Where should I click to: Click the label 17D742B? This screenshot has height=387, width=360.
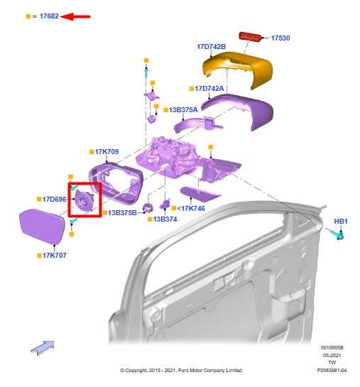click(x=211, y=46)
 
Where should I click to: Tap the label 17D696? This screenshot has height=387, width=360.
click(x=54, y=200)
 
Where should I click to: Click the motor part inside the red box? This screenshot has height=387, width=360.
click(x=86, y=202)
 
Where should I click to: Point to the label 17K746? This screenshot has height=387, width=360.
click(x=192, y=209)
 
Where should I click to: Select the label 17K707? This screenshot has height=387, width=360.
click(x=54, y=255)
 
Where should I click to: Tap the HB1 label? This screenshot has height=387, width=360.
click(x=341, y=222)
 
